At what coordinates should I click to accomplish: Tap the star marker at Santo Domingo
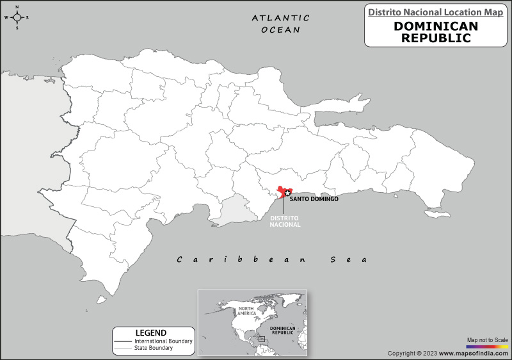[287, 193]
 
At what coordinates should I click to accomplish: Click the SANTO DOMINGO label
[314, 199]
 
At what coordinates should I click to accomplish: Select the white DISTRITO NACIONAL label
[285, 222]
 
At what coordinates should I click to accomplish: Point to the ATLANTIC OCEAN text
[280, 24]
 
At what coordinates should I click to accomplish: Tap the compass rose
[17, 17]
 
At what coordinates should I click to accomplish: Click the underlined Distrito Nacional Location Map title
[435, 12]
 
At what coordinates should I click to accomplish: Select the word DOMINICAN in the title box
[435, 26]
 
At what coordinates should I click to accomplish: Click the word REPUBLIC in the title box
[435, 38]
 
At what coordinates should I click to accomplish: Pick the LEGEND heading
[151, 332]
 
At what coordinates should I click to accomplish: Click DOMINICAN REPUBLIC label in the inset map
[282, 331]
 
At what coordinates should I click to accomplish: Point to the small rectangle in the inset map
[261, 339]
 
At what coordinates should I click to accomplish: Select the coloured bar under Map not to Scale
[488, 346]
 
